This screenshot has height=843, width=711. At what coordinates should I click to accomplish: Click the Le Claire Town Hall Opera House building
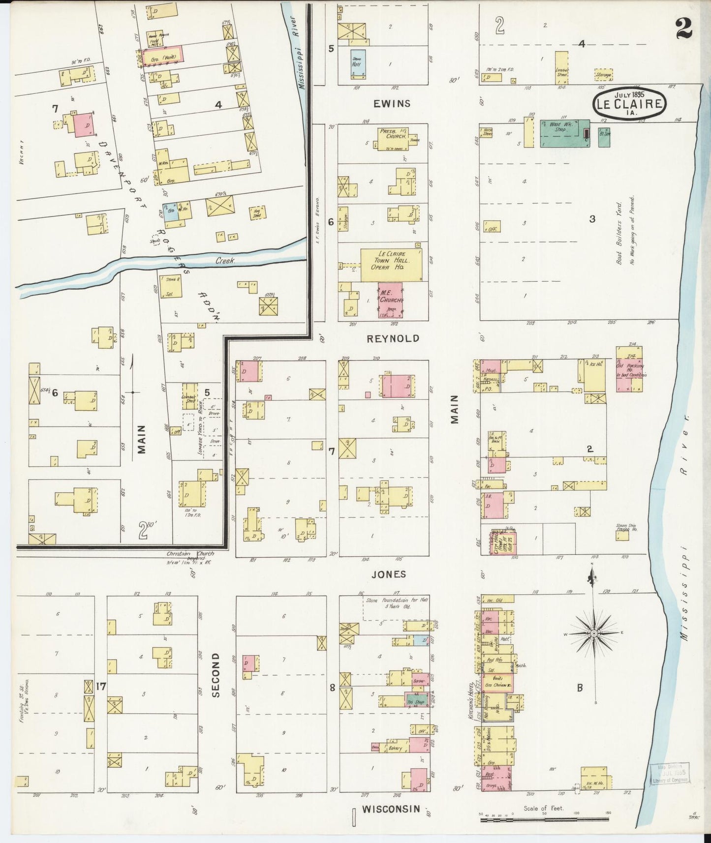coord(392,265)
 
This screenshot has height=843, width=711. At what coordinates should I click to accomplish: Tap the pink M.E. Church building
coord(391,299)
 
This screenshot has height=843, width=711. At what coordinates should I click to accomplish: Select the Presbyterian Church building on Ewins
coord(394,138)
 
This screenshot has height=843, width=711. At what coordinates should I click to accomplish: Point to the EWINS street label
coord(392,104)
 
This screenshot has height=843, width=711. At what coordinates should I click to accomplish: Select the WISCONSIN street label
coord(391,809)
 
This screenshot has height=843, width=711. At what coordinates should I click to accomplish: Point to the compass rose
coord(593,633)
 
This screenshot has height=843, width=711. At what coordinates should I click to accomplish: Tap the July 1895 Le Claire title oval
coord(629,104)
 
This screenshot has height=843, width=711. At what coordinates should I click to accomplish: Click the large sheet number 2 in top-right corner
coord(684,28)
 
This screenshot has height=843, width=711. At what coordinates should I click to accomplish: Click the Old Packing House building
coord(629,372)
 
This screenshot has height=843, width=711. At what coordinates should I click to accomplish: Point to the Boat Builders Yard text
coord(619,231)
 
